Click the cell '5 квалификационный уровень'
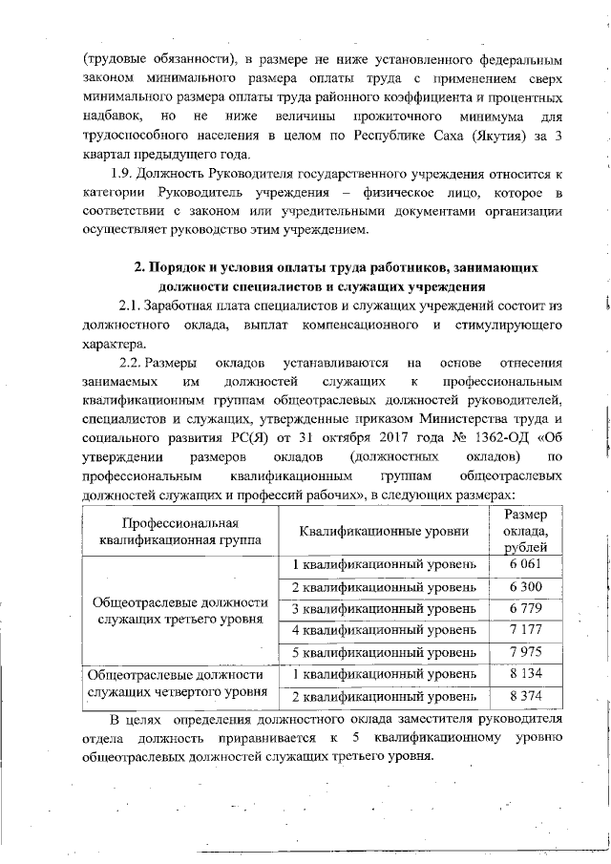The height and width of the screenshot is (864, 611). (x=383, y=652)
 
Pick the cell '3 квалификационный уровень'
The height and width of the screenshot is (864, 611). (x=383, y=608)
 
